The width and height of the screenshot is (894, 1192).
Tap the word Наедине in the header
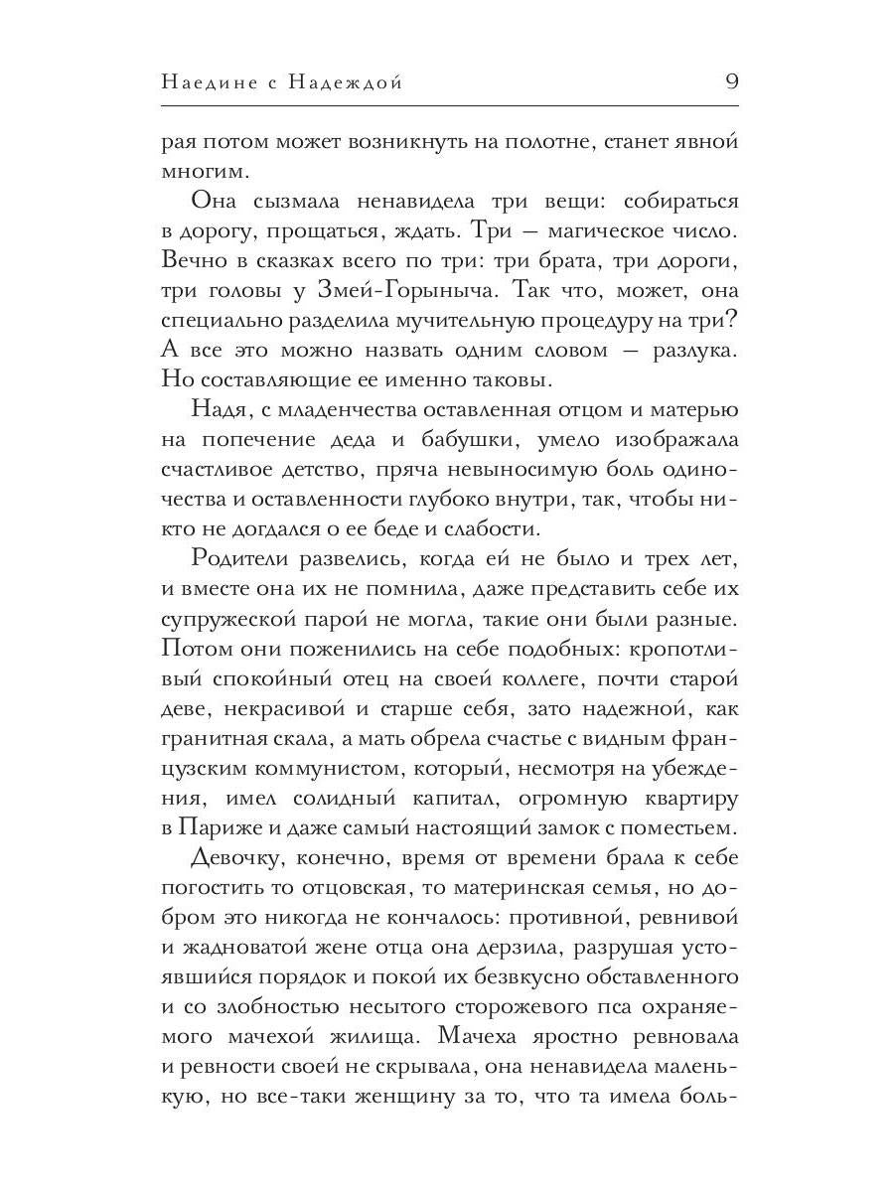click(x=207, y=83)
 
